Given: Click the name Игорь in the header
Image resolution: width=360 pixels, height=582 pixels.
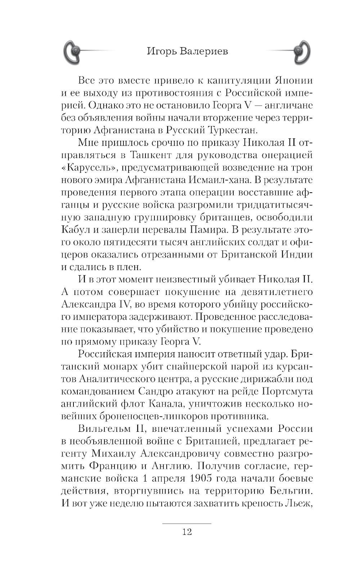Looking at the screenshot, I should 160,52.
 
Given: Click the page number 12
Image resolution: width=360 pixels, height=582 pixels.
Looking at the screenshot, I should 187,532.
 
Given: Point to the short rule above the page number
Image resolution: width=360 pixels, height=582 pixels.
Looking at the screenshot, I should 187,523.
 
